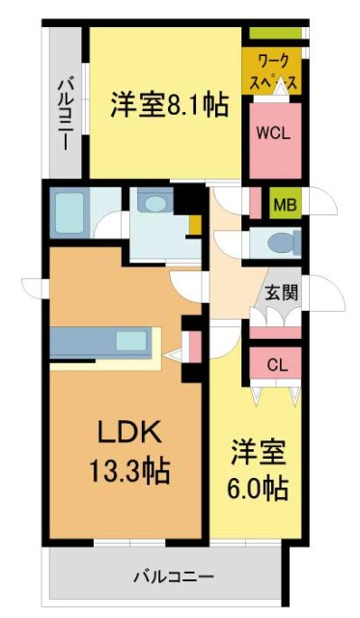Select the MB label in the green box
tap(284, 204)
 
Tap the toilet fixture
tap(278, 242)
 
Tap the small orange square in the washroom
tap(195, 228)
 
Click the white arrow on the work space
tap(279, 88)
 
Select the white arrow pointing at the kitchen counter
tap(172, 355)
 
